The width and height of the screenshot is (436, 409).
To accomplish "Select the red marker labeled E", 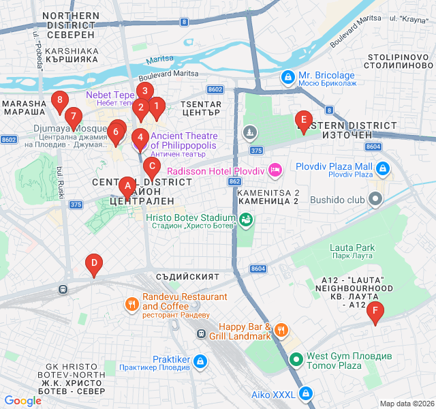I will [x=303, y=121].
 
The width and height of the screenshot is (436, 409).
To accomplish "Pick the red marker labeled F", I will [x=374, y=313].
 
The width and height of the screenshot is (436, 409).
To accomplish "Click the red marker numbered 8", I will [x=60, y=102].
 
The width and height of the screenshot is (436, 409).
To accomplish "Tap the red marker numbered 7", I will [x=73, y=117].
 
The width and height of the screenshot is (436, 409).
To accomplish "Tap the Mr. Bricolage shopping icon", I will [x=288, y=78].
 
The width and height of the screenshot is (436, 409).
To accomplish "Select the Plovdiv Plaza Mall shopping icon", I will [x=383, y=168].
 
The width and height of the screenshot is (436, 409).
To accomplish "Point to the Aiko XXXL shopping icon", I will [x=307, y=394].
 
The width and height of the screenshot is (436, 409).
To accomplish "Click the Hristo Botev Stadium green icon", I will [x=246, y=219].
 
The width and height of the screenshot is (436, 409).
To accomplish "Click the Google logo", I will [x=22, y=400].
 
